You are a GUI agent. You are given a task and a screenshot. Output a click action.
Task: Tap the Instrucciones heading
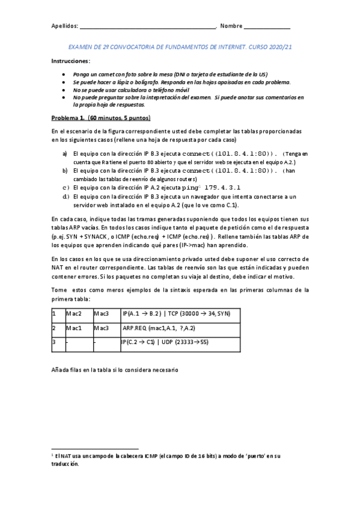point(71,61)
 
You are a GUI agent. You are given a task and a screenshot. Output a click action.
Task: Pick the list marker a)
point(65,154)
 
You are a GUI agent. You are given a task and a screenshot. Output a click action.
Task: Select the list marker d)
point(65,196)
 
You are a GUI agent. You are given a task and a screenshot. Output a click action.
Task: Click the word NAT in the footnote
point(67,456)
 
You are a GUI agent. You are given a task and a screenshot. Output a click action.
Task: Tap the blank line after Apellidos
point(148,28)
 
